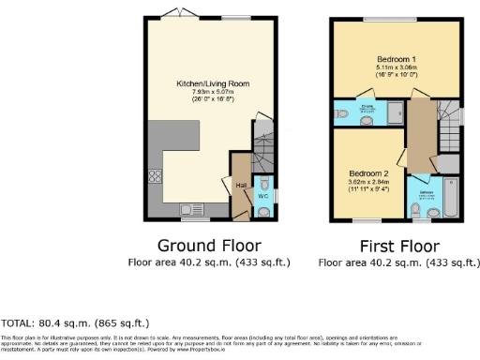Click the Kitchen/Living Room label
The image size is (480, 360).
tap(210, 83)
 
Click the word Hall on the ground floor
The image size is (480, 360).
tap(241, 185)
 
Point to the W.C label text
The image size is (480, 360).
tap(263, 195)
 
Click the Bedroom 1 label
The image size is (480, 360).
tap(382, 58)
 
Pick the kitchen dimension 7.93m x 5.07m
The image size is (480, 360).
tap(210, 92)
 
